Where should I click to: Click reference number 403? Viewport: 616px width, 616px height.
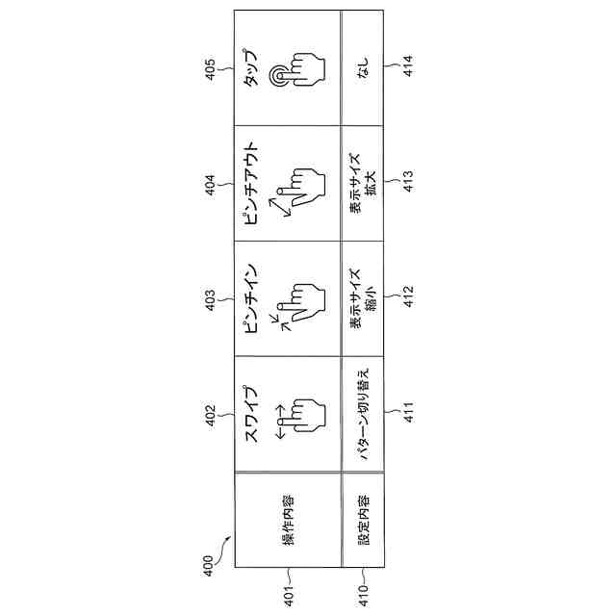211,302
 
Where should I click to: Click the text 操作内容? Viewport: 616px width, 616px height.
288,523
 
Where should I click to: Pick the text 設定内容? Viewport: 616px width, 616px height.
364,523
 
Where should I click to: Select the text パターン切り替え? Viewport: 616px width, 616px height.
363,416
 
